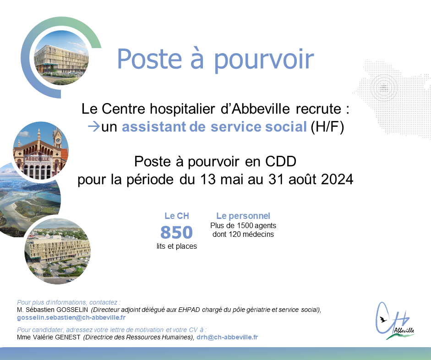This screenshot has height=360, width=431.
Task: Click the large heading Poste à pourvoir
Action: [215, 60]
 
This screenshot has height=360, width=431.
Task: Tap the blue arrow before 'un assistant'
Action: [94, 127]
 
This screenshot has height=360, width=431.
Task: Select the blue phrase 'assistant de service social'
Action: [214, 127]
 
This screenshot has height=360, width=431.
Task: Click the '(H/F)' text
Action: [327, 127]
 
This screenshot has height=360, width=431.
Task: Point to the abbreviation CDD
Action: [281, 161]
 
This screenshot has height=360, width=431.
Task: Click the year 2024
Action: [337, 180]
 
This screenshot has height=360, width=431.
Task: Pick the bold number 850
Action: [176, 232]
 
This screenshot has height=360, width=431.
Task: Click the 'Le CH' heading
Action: [177, 216]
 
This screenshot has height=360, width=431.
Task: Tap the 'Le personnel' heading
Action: [243, 216]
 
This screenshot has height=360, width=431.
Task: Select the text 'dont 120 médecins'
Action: [243, 235]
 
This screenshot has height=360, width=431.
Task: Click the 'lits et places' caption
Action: [177, 246]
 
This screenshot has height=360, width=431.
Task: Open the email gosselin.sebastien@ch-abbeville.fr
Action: [71, 318]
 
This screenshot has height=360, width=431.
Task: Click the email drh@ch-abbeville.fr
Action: [227, 337]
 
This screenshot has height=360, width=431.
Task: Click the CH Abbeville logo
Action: [395, 321]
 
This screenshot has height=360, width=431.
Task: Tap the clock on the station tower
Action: [58, 141]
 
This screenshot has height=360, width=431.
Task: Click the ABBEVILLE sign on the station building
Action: [38, 159]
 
